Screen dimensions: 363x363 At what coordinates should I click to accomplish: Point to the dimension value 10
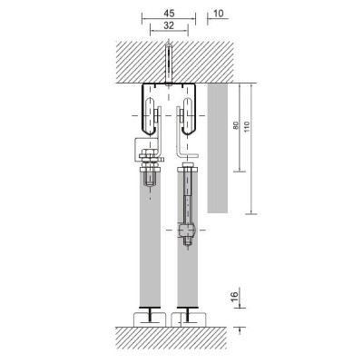(221, 14)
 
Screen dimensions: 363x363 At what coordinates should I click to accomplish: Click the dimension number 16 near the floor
(234, 296)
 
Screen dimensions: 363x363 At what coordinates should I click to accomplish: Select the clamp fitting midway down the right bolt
(187, 235)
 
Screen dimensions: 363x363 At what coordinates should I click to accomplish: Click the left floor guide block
(147, 318)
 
